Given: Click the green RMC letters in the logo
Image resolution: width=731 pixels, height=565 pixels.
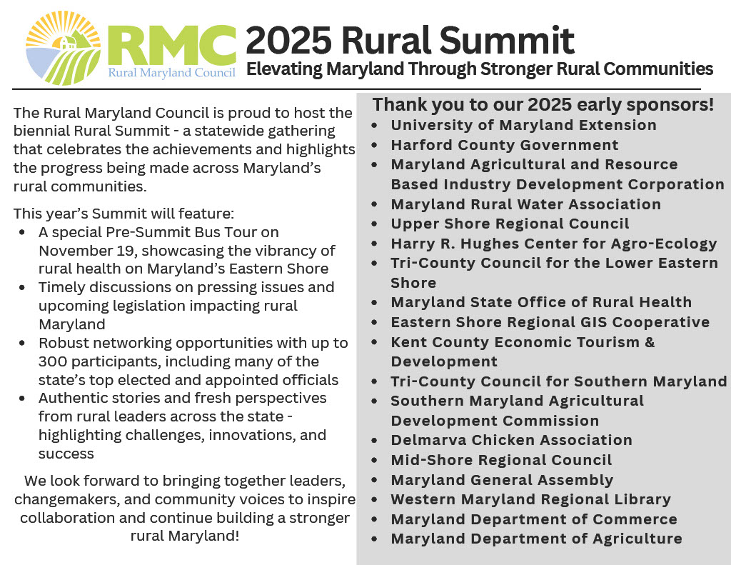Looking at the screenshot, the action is pos(171,46).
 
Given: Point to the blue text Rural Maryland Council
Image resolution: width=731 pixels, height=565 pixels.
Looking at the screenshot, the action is pos(171,72).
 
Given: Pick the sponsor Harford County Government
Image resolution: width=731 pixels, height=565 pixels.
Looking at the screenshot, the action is pos(505,145).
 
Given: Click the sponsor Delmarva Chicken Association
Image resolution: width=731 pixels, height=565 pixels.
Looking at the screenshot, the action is pos(511,440).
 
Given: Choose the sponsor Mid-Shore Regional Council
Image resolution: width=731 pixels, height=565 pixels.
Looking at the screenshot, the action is pos(501,460).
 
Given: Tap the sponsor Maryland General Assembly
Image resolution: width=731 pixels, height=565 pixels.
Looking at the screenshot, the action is pos(502,480).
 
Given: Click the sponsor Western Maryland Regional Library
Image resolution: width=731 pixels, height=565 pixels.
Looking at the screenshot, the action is pos(530,500).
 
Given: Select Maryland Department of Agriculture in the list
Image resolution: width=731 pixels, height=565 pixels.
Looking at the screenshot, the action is pos(536,539).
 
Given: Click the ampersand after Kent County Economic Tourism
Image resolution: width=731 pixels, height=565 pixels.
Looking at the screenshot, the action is pos(650,342).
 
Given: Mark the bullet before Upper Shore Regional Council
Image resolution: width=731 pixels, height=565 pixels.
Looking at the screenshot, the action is pos(374,224).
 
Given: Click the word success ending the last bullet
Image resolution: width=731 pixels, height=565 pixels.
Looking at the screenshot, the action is pos(66,454).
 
